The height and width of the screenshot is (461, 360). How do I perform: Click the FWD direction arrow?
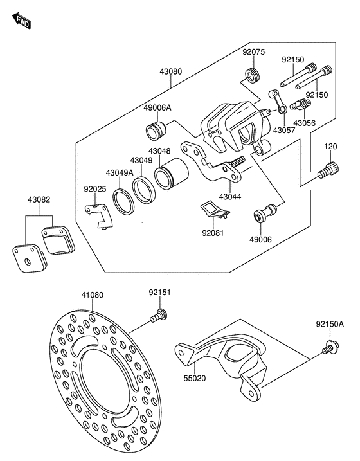[22, 21]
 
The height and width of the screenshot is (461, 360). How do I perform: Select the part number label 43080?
[171, 71]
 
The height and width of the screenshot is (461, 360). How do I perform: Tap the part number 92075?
[254, 51]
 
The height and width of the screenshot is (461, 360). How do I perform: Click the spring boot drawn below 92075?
[253, 75]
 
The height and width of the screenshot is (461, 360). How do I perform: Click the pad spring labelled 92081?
[215, 210]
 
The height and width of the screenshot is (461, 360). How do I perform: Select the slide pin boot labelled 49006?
[265, 212]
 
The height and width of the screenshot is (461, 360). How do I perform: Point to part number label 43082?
[39, 199]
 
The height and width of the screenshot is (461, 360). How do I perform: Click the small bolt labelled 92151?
[158, 316]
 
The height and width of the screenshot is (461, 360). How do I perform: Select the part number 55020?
[195, 379]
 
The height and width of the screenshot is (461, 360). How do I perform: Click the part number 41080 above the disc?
[93, 295]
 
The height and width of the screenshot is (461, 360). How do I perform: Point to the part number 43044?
[230, 197]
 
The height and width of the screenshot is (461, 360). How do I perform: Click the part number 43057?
[284, 130]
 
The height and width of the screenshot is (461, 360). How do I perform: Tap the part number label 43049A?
[120, 173]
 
